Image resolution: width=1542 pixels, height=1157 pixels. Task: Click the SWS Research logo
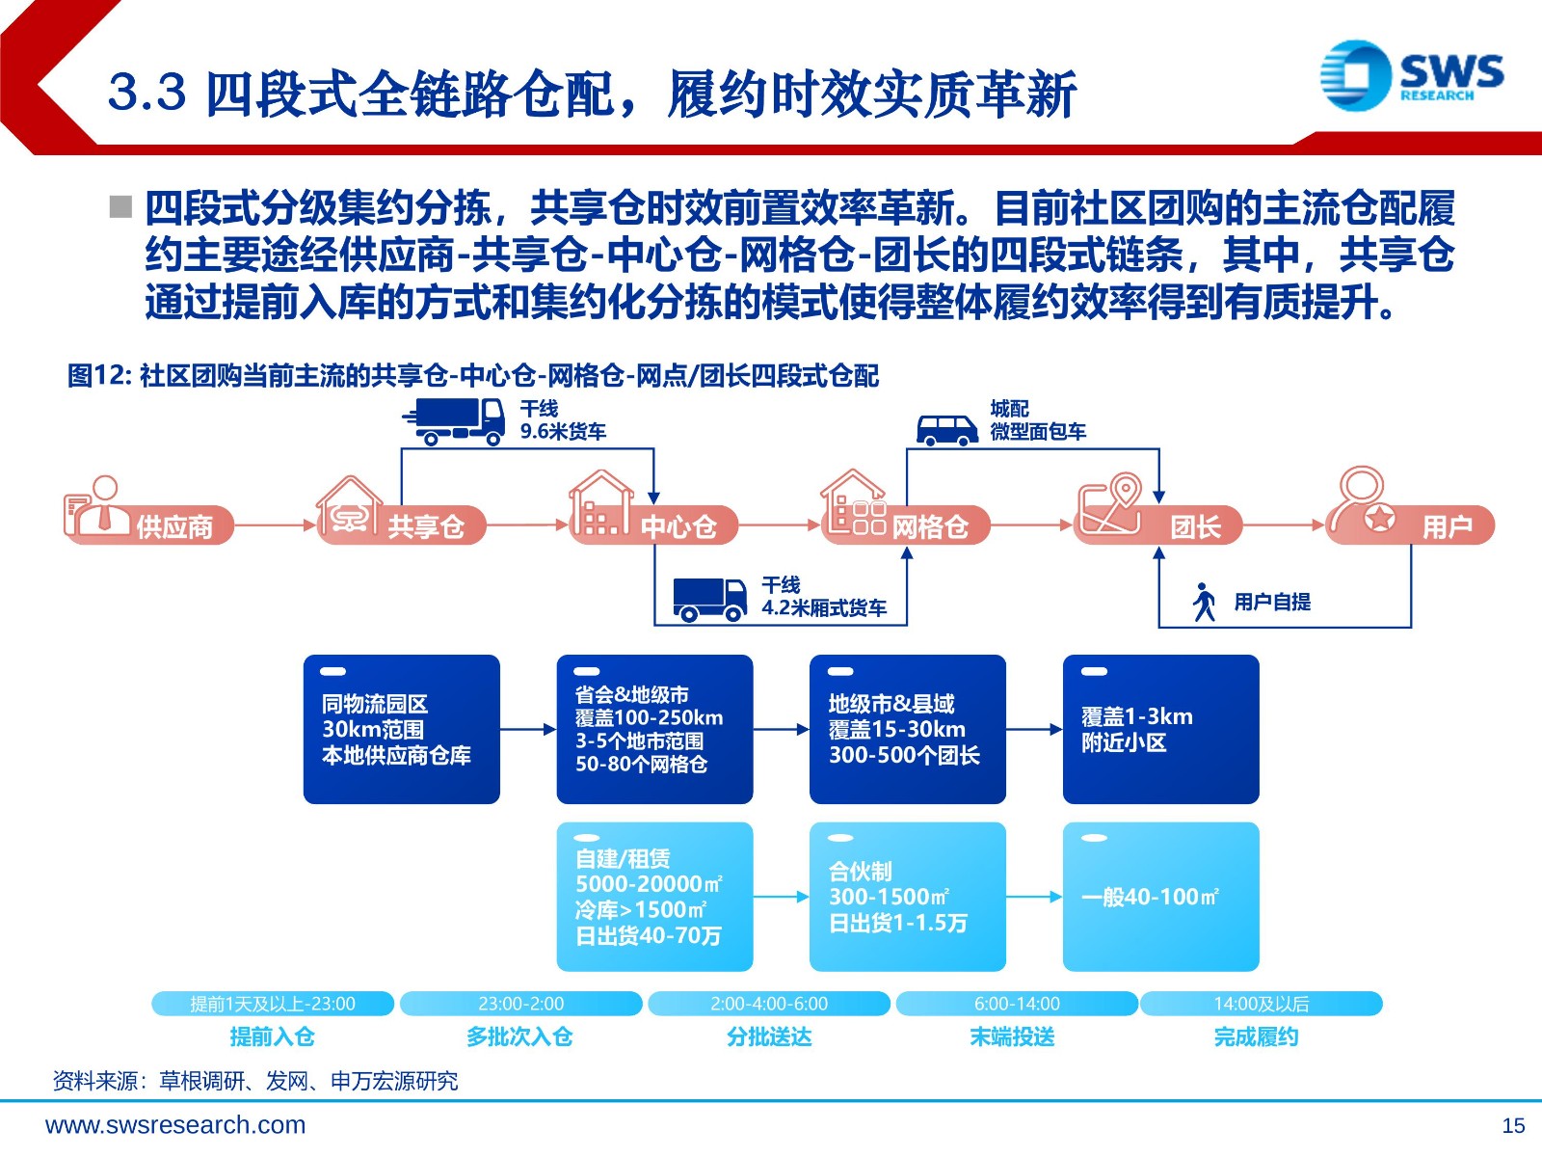1411,75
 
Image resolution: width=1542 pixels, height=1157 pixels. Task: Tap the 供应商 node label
174,526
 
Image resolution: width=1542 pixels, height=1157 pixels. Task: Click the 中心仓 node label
678,526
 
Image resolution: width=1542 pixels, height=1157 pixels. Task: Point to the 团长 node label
1196,526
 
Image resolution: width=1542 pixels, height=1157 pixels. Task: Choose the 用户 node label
1448,526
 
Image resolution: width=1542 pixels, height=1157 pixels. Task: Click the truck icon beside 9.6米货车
454,421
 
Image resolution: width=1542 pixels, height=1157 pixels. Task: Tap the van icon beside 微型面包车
947,430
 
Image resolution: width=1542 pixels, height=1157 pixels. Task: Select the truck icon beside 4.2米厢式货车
709,599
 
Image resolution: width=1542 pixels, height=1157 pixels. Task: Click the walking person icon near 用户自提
1204,602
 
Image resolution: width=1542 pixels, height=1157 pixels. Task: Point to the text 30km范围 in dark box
373,729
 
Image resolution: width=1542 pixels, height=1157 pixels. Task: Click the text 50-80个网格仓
642,764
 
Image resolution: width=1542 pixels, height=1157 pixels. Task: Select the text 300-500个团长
904,755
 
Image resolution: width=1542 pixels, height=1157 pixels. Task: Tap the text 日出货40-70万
649,935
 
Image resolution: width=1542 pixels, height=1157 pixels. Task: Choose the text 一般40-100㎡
1150,897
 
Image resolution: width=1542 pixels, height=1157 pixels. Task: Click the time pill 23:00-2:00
521,1003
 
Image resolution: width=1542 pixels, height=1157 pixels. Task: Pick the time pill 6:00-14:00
1017,1003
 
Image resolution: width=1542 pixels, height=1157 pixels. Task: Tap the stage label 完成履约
1256,1036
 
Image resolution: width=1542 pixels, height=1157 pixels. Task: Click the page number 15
1513,1126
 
